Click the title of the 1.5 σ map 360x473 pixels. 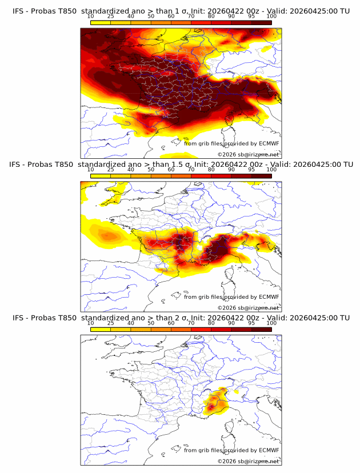[x=181, y=165]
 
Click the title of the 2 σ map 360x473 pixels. [x=181, y=318]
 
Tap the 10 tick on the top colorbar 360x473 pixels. [x=91, y=17]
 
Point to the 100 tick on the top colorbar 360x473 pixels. [x=271, y=17]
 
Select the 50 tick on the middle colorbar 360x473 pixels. [x=151, y=170]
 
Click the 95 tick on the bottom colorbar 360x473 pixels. [x=251, y=323]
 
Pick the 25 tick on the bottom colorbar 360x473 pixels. [x=111, y=323]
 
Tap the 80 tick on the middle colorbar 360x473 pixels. [x=211, y=170]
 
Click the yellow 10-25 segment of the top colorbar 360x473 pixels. [x=101, y=22]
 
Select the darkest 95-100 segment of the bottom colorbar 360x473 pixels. [x=261, y=329]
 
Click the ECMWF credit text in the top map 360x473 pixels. [x=231, y=143]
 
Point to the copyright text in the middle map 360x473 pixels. [x=248, y=307]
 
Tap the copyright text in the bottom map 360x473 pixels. [x=248, y=461]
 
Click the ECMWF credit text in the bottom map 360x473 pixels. [x=231, y=450]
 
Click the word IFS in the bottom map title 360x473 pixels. [x=18, y=318]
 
